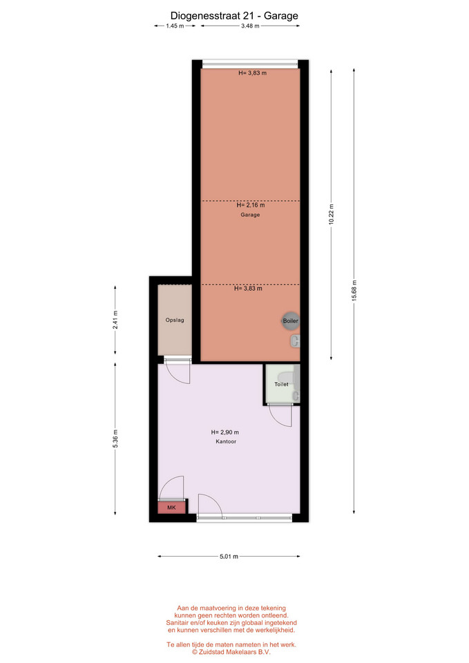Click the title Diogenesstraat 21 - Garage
(x=234, y=16)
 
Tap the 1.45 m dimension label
(x=175, y=26)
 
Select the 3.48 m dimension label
(x=250, y=26)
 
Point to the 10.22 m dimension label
(x=332, y=215)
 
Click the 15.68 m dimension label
(x=354, y=291)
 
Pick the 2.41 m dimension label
(x=115, y=320)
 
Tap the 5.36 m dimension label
(x=115, y=439)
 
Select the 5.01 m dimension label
(x=229, y=557)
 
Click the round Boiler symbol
(x=291, y=321)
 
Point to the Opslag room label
(x=175, y=320)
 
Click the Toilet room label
(x=281, y=385)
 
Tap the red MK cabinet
(x=172, y=507)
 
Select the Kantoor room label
(x=226, y=441)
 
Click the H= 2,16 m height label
(x=251, y=205)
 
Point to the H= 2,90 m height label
(x=225, y=432)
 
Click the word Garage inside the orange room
(x=250, y=215)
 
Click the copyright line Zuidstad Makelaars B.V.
(x=231, y=652)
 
